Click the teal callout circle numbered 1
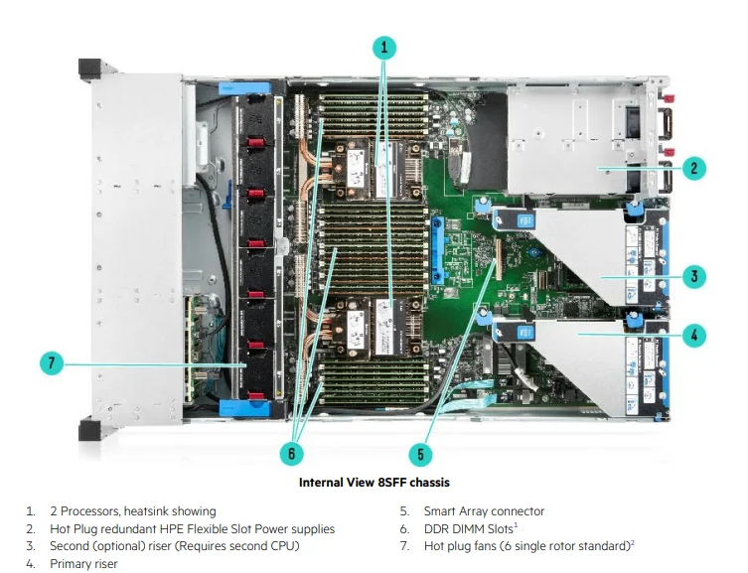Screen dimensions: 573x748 tap(384, 47)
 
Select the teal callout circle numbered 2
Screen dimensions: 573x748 tap(695, 168)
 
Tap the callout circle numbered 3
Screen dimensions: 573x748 tap(695, 277)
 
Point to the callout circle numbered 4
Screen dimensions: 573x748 tap(695, 335)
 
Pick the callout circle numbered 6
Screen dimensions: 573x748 tap(290, 453)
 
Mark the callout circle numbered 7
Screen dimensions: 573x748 tap(53, 364)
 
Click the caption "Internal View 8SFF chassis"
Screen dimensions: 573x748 tap(374, 483)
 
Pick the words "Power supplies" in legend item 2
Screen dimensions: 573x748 tap(291, 529)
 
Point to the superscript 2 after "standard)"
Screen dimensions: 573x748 tap(632, 543)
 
